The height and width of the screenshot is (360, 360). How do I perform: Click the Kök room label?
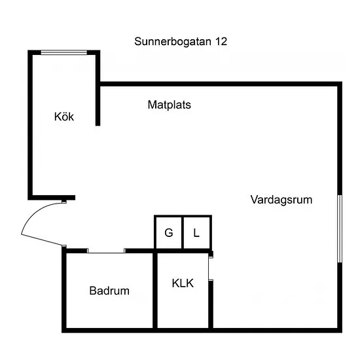pyautogui.click(x=64, y=117)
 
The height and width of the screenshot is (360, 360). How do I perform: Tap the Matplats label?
pyautogui.click(x=170, y=105)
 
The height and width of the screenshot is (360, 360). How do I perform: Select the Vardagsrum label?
pyautogui.click(x=281, y=200)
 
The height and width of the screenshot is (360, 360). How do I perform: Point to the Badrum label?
pyautogui.click(x=109, y=291)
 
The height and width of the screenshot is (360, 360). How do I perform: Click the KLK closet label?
pyautogui.click(x=183, y=283)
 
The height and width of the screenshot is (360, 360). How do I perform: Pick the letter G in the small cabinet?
pyautogui.click(x=169, y=233)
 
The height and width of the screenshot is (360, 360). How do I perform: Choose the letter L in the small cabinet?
pyautogui.click(x=196, y=233)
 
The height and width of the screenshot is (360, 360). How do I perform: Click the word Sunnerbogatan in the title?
pyautogui.click(x=173, y=41)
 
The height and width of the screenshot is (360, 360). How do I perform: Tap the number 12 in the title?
pyautogui.click(x=221, y=41)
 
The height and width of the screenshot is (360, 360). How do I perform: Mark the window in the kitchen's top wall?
pyautogui.click(x=64, y=52)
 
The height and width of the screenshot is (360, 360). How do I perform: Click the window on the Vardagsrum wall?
pyautogui.click(x=340, y=228)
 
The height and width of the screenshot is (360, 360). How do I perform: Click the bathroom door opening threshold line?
pyautogui.click(x=106, y=253)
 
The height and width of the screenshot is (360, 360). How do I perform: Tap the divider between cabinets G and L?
pyautogui.click(x=183, y=232)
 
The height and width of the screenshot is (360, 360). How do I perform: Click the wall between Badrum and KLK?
pyautogui.click(x=155, y=291)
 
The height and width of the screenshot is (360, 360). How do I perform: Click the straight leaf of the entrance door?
pyautogui.click(x=41, y=240)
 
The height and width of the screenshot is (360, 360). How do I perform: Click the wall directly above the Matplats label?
pyautogui.click(x=219, y=84)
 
